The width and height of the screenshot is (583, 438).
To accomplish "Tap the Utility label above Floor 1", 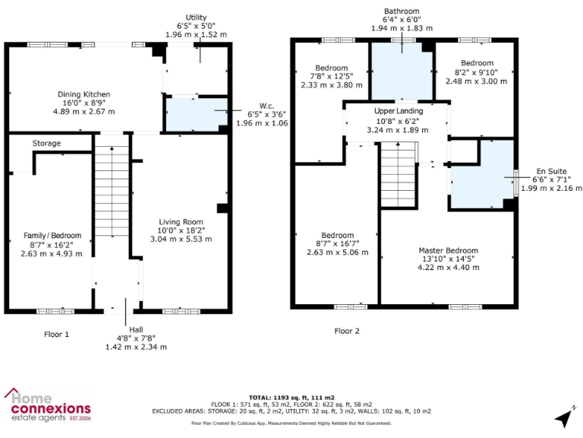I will click(196, 17).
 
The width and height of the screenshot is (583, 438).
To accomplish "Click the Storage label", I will click(46, 143).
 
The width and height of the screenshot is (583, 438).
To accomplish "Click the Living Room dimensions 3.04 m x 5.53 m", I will click(181, 239).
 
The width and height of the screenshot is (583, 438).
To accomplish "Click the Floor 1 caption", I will click(57, 333).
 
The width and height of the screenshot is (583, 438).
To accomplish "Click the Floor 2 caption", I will click(347, 331).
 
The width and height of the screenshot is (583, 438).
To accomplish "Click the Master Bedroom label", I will click(448, 250).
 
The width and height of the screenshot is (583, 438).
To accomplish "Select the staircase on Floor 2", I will click(398, 173).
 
